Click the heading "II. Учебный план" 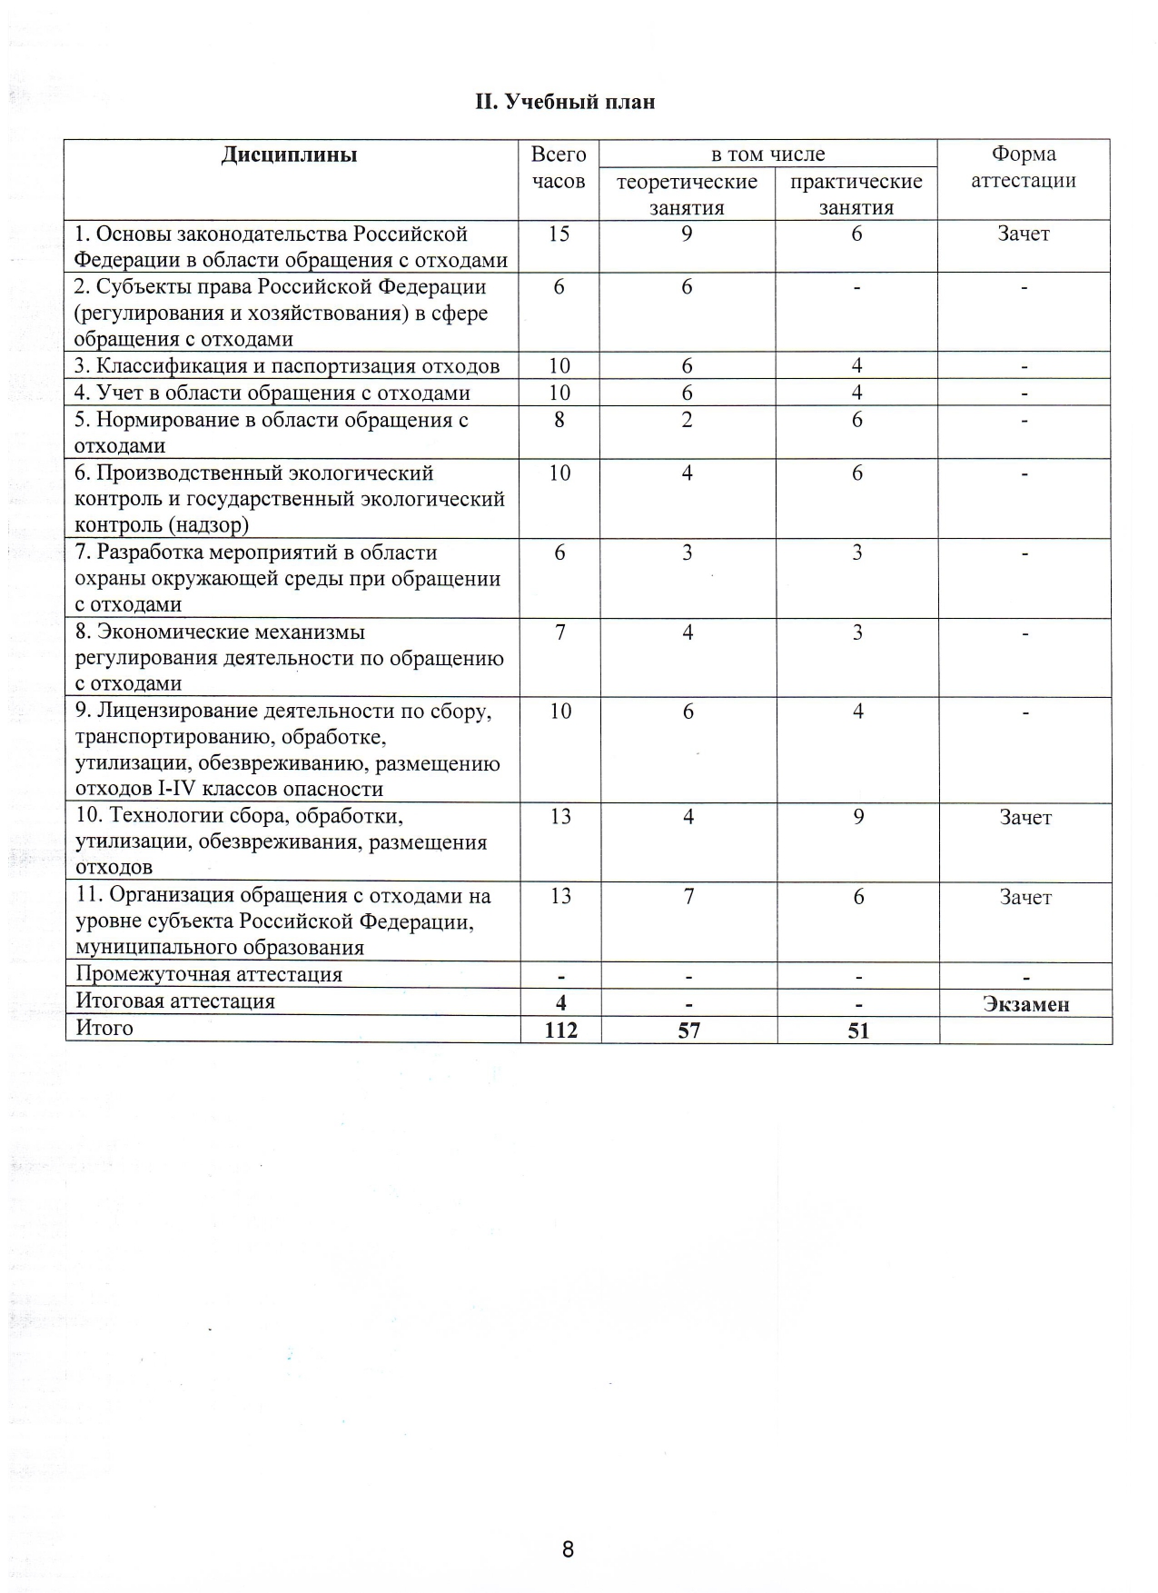point(564,101)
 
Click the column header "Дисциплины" point(289,154)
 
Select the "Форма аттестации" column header point(1023,167)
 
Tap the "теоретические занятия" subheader point(687,194)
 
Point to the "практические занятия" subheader point(856,194)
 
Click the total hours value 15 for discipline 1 point(559,234)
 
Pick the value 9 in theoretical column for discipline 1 point(687,234)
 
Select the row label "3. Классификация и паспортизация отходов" point(287,366)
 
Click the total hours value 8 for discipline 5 point(559,420)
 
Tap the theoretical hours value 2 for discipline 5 point(687,420)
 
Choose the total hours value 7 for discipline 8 point(559,632)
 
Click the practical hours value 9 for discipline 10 point(857,817)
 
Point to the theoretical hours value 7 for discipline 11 point(688,897)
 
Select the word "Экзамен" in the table point(1025,1004)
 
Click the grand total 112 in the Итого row point(560,1030)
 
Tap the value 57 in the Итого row point(688,1030)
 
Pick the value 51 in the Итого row point(857,1030)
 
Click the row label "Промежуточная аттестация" point(209,975)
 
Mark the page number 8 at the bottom point(568,1549)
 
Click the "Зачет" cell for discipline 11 point(1025,897)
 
